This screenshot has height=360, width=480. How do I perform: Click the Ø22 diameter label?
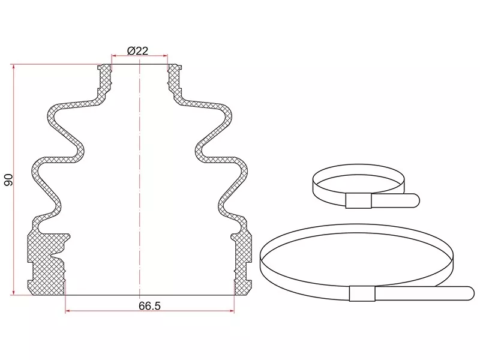pyautogui.click(x=137, y=50)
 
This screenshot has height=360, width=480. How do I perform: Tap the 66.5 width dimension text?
pyautogui.click(x=149, y=306)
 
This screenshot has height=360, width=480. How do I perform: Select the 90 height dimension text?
pyautogui.click(x=8, y=180)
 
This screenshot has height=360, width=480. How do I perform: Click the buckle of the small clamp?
pyautogui.click(x=358, y=201)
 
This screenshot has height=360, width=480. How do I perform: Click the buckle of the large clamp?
pyautogui.click(x=362, y=293)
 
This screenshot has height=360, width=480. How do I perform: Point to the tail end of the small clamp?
pyautogui.click(x=416, y=201)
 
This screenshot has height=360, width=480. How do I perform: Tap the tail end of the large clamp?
pyautogui.click(x=470, y=293)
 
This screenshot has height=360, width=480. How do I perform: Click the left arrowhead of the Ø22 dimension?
pyautogui.click(x=114, y=56)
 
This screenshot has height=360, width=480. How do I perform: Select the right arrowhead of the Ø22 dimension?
pyautogui.click(x=165, y=56)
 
